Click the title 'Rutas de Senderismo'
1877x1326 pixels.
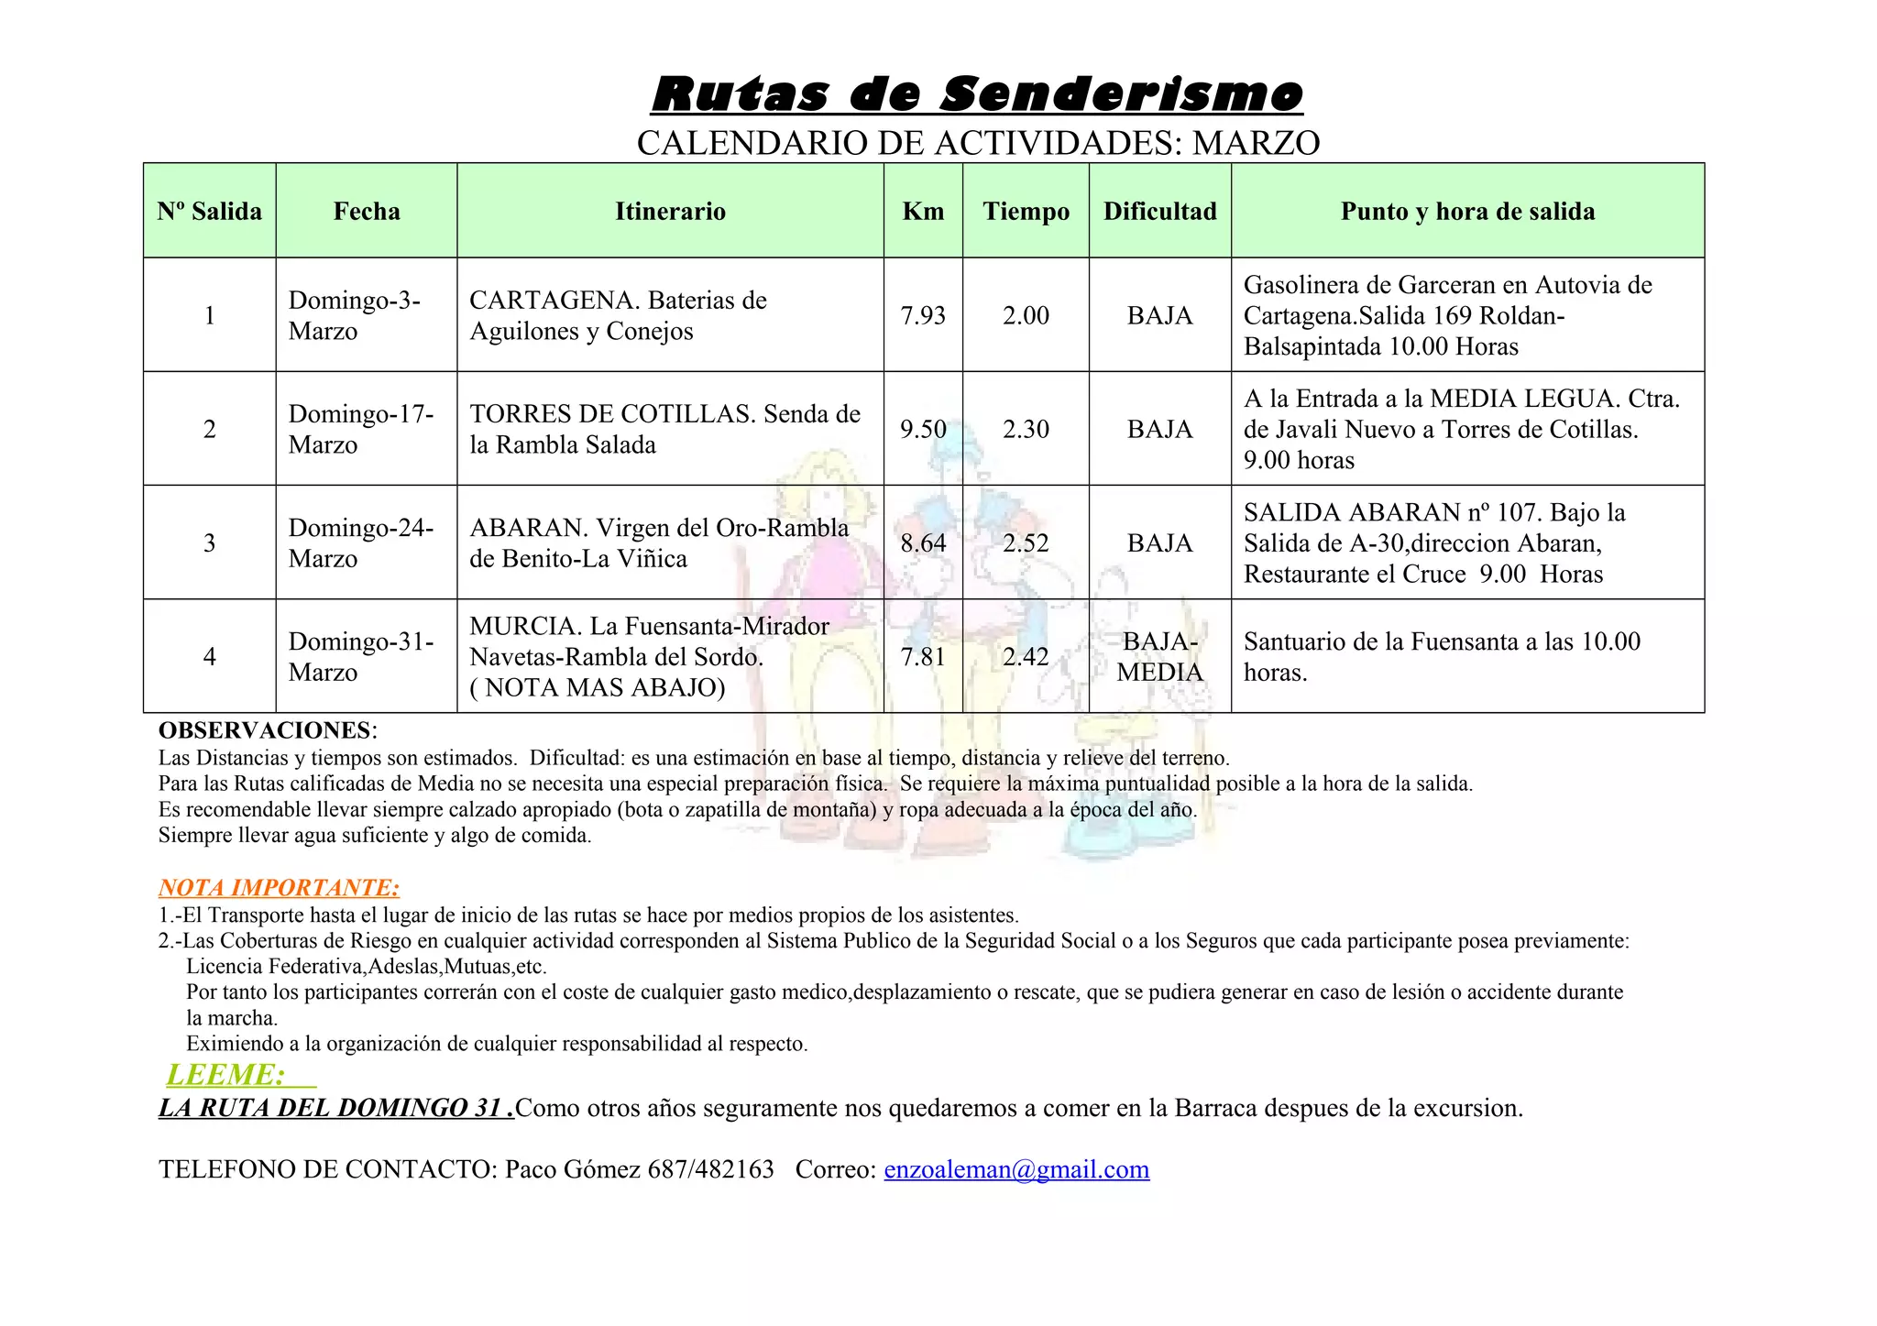pos(977,94)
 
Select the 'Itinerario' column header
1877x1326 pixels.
pos(670,212)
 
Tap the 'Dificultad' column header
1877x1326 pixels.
pos(1159,212)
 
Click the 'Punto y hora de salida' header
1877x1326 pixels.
pos(1467,212)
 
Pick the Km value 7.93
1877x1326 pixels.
pos(923,316)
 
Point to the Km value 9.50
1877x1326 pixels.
pos(923,430)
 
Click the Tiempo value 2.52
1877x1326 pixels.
pos(1026,543)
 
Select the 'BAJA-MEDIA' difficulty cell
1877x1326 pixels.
pos(1159,657)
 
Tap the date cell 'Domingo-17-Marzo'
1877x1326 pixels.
pos(361,429)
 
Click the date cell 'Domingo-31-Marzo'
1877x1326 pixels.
pos(361,657)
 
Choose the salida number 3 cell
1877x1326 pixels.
pos(210,543)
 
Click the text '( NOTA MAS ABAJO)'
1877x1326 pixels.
pos(597,688)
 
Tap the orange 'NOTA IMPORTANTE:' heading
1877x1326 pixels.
pos(279,888)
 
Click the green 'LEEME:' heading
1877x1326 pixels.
pos(226,1075)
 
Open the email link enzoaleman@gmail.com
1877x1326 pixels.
pos(1016,1170)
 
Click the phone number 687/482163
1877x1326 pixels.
pos(710,1170)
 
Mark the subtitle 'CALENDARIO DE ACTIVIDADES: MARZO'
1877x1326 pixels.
pos(978,144)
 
